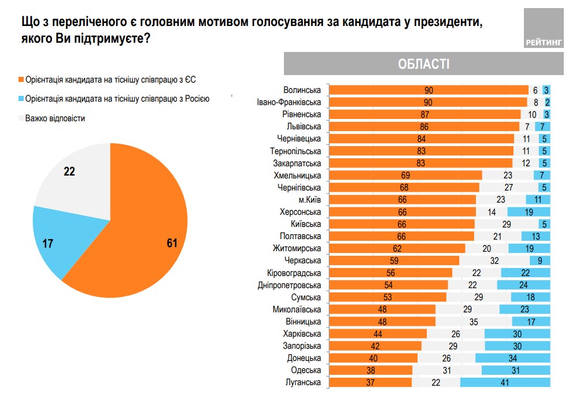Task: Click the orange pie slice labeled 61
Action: tap(150, 231)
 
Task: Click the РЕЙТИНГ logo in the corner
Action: tap(543, 29)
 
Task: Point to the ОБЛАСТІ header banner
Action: tap(424, 64)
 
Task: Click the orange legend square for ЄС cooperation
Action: tap(21, 80)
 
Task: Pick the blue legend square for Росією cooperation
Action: tap(21, 99)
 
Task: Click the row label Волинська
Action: tap(302, 90)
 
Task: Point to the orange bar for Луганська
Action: tap(370, 382)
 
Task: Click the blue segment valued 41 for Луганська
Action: tap(505, 382)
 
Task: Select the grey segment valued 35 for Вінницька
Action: tap(474, 322)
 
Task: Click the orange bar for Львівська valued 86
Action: tap(424, 126)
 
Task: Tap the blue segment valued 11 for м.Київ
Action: tap(537, 200)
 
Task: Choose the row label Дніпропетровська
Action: tap(289, 285)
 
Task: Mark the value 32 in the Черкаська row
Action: tap(494, 260)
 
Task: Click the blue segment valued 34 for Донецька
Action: tap(512, 358)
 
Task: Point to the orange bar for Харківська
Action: tap(377, 334)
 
